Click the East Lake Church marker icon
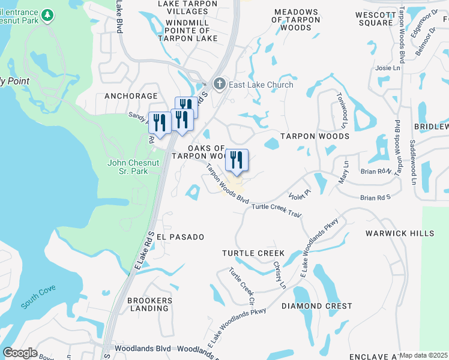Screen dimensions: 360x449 click(220, 85)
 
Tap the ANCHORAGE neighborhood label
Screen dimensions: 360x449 click(131, 96)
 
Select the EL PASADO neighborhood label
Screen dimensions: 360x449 click(180, 237)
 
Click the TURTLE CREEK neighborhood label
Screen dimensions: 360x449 click(253, 254)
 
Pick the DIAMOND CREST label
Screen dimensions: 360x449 click(318, 306)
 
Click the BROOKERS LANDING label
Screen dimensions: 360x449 click(150, 304)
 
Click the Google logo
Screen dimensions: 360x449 click(20, 353)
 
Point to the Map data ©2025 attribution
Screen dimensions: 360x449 click(423, 355)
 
